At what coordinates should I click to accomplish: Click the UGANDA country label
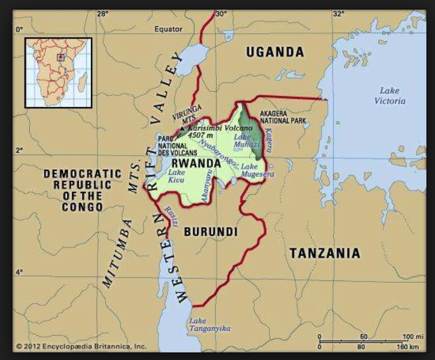(275, 52)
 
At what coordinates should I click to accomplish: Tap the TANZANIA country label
(325, 253)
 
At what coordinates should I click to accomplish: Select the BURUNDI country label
(211, 232)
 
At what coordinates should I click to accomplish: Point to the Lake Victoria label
(390, 96)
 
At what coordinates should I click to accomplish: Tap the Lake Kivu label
(177, 177)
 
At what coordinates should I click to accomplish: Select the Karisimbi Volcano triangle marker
(182, 128)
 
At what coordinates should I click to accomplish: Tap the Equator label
(168, 29)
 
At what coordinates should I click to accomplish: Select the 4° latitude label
(19, 272)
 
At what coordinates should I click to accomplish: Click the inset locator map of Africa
(58, 72)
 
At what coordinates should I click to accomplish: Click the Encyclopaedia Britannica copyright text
(81, 346)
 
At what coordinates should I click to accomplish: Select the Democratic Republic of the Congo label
(82, 190)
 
